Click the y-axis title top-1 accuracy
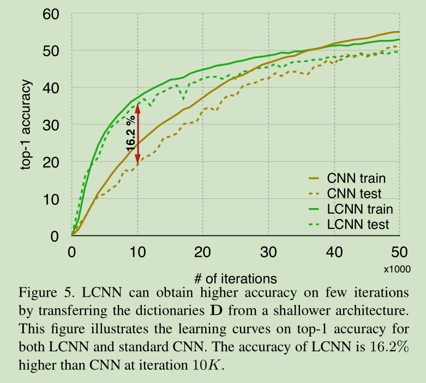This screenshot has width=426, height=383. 26,125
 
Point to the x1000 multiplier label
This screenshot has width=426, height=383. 397,269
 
